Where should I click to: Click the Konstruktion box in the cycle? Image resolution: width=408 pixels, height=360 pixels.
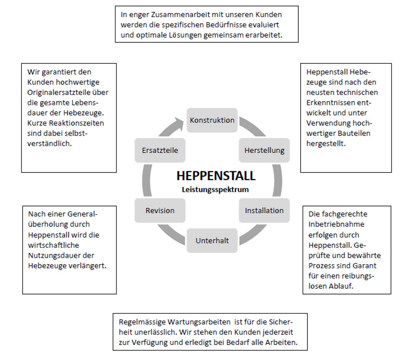212,120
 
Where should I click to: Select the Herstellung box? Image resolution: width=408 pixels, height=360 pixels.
264,150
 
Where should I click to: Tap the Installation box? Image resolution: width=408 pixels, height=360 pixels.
264,211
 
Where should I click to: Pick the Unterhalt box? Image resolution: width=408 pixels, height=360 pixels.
212,241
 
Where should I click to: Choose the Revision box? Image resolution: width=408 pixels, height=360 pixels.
160,211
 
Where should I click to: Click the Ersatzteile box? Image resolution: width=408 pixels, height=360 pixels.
160,150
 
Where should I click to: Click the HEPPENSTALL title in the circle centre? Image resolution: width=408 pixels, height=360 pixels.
216,176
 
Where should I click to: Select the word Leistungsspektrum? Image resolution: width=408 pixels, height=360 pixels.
215,189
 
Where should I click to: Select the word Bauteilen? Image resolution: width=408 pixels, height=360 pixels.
355,133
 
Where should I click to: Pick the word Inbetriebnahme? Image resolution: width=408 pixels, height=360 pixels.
336,224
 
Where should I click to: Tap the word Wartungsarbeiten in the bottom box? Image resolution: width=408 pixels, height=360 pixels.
199,322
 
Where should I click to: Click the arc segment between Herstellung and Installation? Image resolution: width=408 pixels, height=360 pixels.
278,180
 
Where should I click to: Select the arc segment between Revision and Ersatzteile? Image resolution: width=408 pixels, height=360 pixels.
147,180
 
